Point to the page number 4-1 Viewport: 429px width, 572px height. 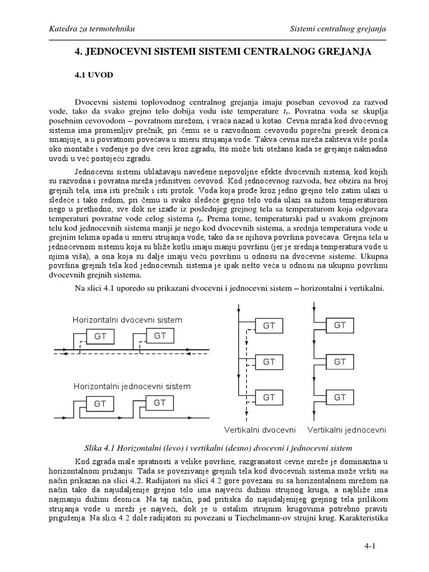(x=380, y=545)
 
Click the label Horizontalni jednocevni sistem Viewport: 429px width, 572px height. (x=131, y=386)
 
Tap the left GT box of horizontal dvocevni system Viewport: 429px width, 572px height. (x=101, y=337)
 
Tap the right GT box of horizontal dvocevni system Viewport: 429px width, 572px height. (x=160, y=336)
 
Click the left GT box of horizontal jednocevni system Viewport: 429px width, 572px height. (x=101, y=403)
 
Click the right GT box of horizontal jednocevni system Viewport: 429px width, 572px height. (x=160, y=402)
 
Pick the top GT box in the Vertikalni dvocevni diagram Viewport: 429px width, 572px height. (x=269, y=326)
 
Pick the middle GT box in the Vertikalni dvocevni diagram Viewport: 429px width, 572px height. (x=269, y=362)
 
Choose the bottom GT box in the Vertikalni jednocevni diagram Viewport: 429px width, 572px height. (x=340, y=397)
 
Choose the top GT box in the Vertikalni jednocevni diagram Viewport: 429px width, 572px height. (x=340, y=325)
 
